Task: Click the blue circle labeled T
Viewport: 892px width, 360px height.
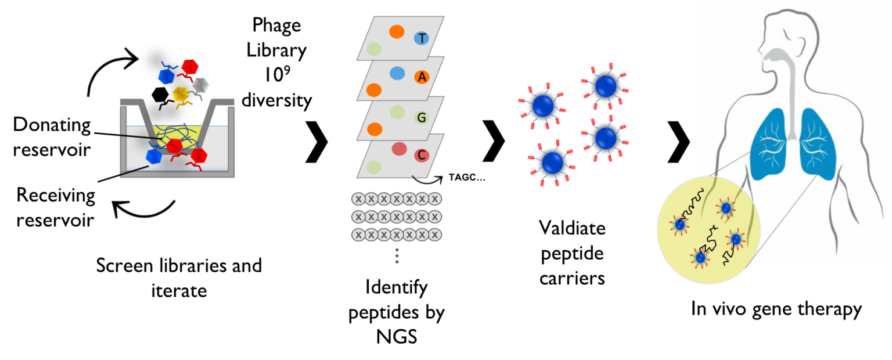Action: pyautogui.click(x=421, y=38)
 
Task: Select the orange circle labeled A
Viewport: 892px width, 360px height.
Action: pyautogui.click(x=422, y=77)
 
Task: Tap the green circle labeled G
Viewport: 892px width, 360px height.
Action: pyautogui.click(x=421, y=117)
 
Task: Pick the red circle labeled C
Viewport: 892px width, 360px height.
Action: pyautogui.click(x=421, y=155)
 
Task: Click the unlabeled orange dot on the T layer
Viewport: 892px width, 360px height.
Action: pyautogui.click(x=397, y=31)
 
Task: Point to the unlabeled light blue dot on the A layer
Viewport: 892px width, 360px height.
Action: pyautogui.click(x=397, y=73)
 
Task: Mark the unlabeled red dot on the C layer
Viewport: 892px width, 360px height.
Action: pyautogui.click(x=399, y=149)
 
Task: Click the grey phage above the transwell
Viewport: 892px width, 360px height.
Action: pyautogui.click(x=200, y=85)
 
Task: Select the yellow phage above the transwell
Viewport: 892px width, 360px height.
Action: pyautogui.click(x=181, y=94)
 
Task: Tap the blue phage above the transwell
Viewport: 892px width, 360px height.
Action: pyautogui.click(x=167, y=76)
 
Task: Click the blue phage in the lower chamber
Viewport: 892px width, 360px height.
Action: pyautogui.click(x=154, y=156)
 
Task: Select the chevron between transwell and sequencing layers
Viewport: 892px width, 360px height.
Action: pyautogui.click(x=316, y=142)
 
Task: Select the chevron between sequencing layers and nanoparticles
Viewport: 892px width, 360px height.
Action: pyautogui.click(x=493, y=142)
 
